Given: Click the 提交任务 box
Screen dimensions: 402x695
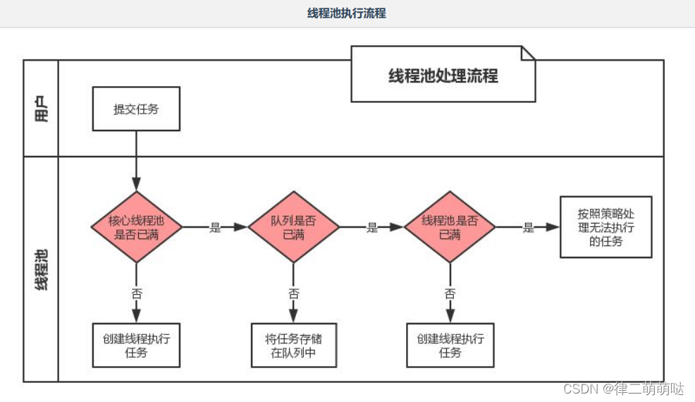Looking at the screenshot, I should pos(136,109).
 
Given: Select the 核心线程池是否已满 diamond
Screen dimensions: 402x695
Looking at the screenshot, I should pos(136,227).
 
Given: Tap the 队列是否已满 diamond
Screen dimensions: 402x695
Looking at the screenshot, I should pos(293,227).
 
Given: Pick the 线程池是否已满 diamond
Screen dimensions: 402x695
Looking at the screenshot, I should pos(450,227).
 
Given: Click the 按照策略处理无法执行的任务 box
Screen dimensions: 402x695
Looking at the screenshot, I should pos(605,227).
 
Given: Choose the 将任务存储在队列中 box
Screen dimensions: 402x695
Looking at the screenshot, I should pos(293,345).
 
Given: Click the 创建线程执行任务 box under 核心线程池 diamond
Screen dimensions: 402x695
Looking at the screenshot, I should pos(136,345).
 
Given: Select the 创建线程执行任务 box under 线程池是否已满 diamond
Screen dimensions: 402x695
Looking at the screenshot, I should pos(450,345).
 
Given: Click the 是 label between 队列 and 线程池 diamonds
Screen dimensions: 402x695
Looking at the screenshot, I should pos(372,228).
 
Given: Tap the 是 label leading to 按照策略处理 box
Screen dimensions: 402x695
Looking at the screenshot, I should pos(528,228).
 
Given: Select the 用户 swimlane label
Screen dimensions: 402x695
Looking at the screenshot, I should pos(42,109).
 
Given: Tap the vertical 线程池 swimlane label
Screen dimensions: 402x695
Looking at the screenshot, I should pos(42,269).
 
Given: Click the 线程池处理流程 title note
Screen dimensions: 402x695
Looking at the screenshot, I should pos(443,75).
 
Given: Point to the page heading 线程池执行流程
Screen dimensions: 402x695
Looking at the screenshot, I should pos(347,13).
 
